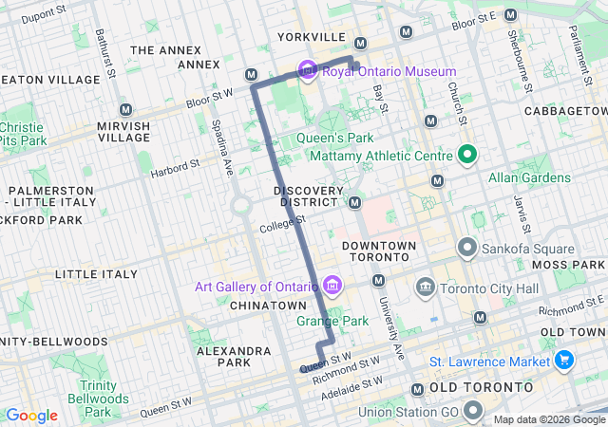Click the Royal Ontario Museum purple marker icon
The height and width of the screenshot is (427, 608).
[307, 71]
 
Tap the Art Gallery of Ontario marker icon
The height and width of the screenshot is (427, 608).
[332, 286]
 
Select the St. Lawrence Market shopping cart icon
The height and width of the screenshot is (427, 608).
[565, 361]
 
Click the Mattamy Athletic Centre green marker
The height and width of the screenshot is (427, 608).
[467, 154]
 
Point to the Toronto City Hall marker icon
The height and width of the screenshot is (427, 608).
[425, 286]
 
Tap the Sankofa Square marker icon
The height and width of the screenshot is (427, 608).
[467, 249]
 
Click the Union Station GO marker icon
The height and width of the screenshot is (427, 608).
[474, 411]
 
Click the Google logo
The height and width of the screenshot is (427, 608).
[31, 416]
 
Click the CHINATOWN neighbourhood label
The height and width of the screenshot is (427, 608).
[268, 306]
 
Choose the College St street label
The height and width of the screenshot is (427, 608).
[282, 224]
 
